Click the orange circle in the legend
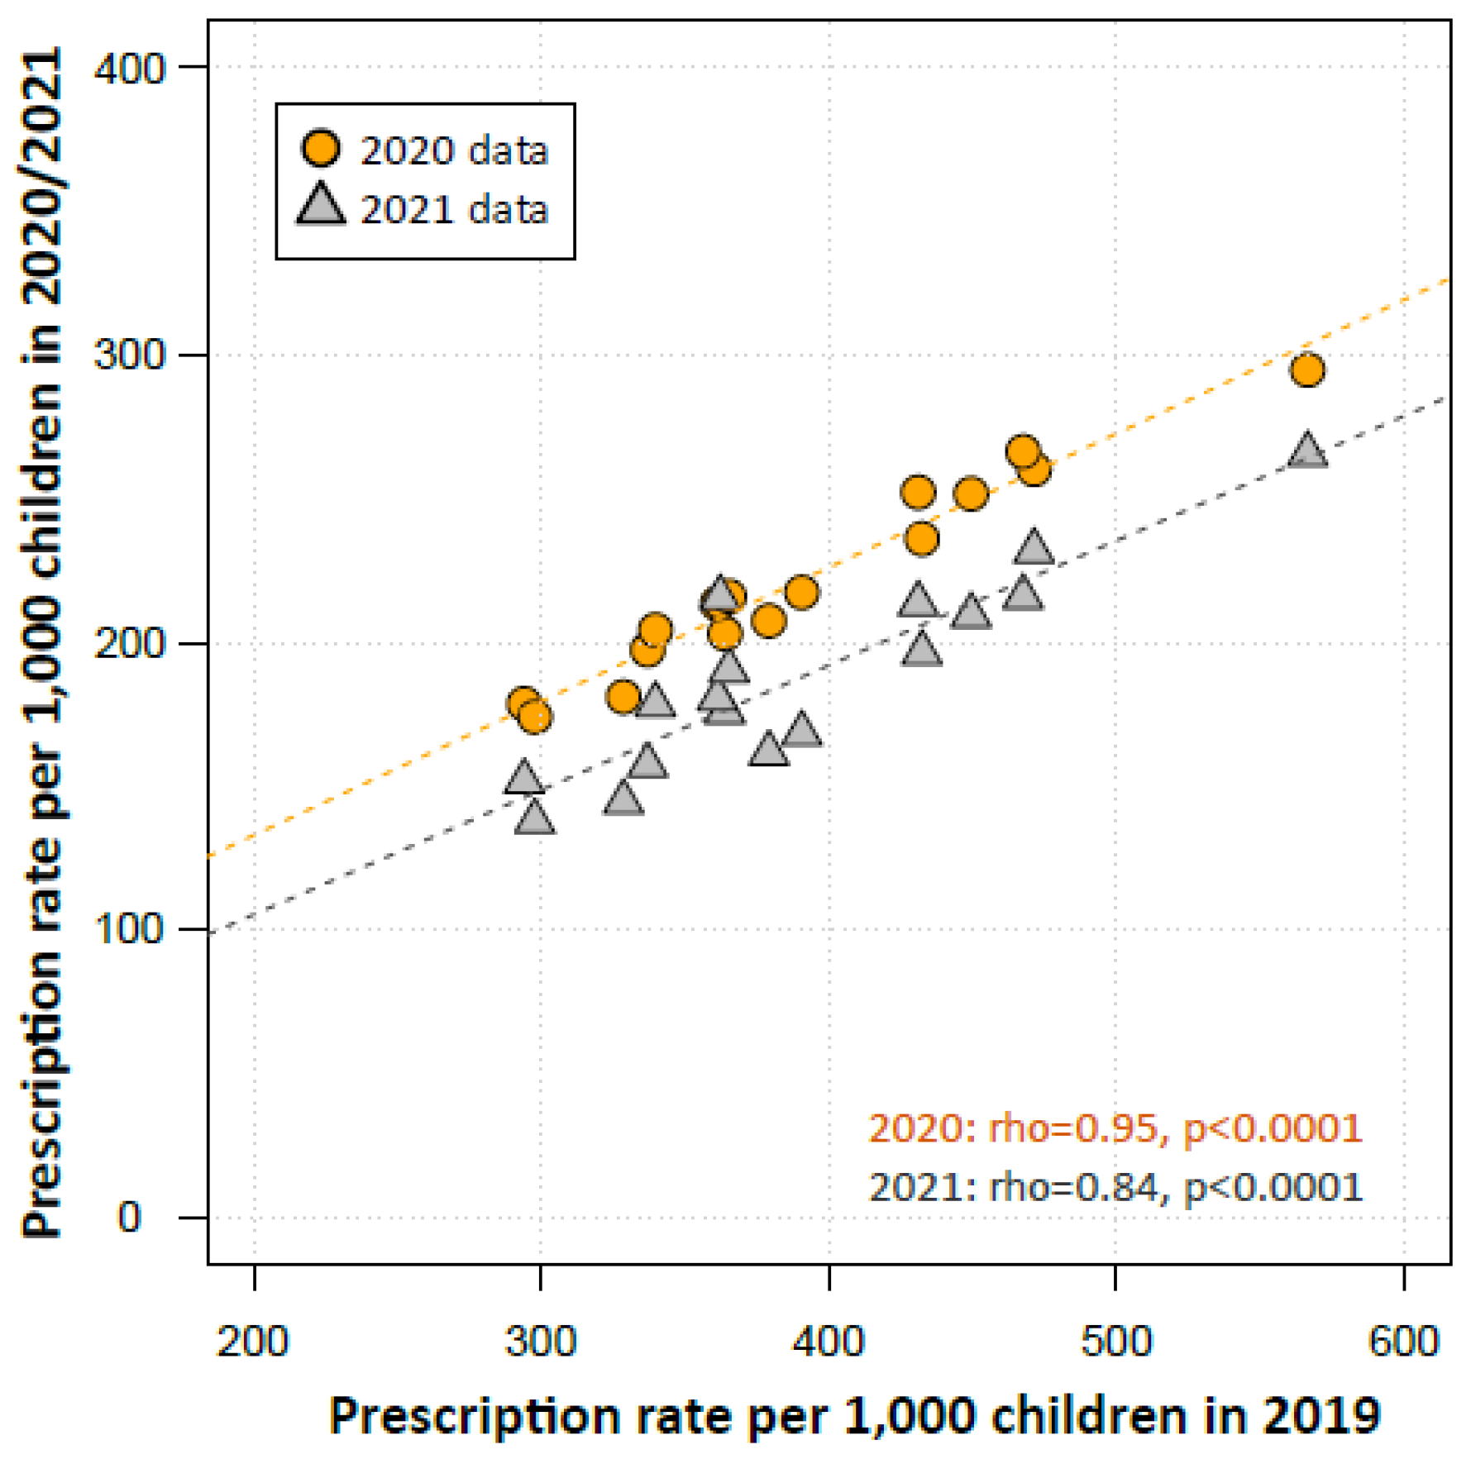[x=320, y=149]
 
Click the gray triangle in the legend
[x=321, y=205]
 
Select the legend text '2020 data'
[x=454, y=150]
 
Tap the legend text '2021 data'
[x=454, y=209]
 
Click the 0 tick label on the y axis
[x=129, y=1217]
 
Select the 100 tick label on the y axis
[x=130, y=929]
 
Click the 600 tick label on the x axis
[x=1404, y=1341]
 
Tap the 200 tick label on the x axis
[x=253, y=1341]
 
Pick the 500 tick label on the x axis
[x=1116, y=1341]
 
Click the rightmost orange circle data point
[x=1307, y=370]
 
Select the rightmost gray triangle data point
[x=1307, y=451]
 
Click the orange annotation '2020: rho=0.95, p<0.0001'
[x=1115, y=1128]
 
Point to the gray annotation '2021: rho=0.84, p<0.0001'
[x=1115, y=1187]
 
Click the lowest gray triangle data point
[x=535, y=818]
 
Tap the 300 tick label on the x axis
[x=541, y=1341]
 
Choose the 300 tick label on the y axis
[x=130, y=355]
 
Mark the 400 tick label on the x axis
[x=829, y=1341]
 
